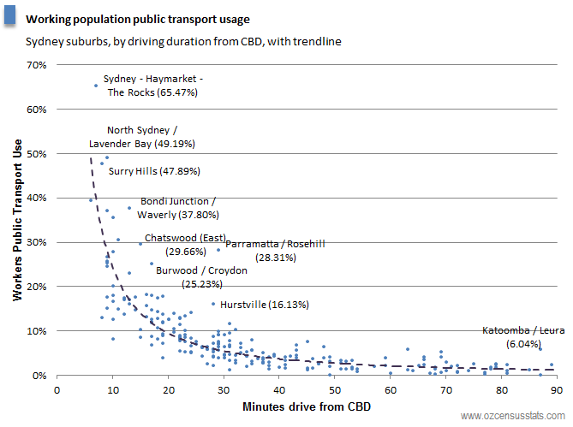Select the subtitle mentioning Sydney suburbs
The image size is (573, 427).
[184, 40]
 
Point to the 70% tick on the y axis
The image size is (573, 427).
[37, 65]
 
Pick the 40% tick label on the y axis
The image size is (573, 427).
[37, 198]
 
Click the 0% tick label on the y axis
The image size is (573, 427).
[39, 375]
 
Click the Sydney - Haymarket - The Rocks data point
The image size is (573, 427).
[95, 86]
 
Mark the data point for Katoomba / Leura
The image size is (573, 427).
[540, 348]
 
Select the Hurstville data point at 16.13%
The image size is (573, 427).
[213, 303]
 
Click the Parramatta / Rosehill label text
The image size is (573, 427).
[274, 250]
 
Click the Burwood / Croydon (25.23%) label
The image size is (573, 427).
[201, 276]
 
